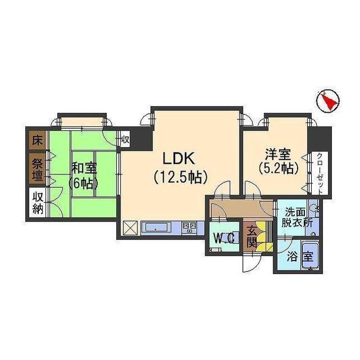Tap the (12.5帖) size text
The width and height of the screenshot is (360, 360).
[x=181, y=177]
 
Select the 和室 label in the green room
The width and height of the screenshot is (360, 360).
[x=83, y=167]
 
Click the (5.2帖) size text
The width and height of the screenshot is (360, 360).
[x=276, y=167]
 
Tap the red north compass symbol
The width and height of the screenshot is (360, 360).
[x=327, y=101]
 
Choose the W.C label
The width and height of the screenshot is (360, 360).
[x=224, y=238]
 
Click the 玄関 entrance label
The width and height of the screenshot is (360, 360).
[x=251, y=236]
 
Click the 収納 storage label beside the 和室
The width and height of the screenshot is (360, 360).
[x=38, y=203]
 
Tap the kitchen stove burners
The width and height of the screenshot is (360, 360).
[x=190, y=228]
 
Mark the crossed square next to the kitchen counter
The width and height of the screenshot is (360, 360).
[x=130, y=228]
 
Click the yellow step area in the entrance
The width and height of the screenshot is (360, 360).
[x=264, y=246]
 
